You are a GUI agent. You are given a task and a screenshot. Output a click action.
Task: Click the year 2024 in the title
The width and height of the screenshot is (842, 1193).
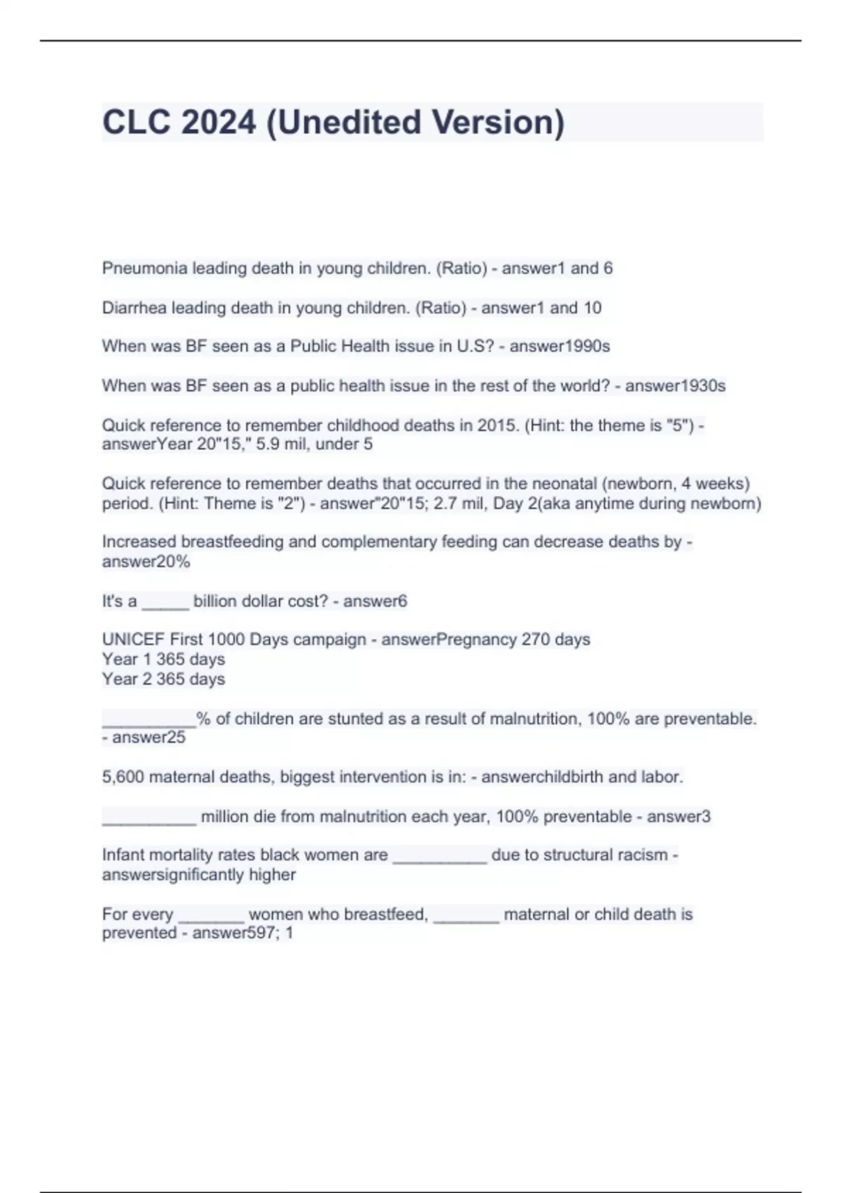click(x=218, y=122)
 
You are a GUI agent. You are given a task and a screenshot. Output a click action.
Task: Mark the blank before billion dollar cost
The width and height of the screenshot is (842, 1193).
click(x=166, y=601)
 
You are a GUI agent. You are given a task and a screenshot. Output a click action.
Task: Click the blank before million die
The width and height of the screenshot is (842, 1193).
click(x=149, y=817)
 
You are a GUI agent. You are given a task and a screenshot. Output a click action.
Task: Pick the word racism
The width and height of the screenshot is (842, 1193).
click(x=643, y=855)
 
